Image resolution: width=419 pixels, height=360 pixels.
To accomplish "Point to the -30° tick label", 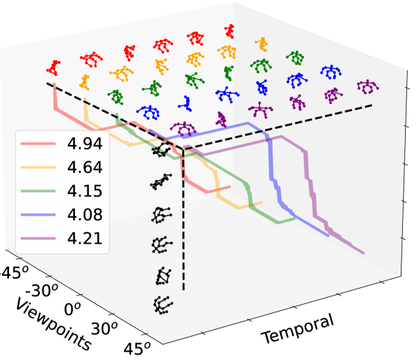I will [x=44, y=289].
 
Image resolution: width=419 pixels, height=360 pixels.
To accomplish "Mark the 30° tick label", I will [x=105, y=328].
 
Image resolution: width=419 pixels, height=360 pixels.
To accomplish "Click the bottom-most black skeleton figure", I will [x=162, y=305].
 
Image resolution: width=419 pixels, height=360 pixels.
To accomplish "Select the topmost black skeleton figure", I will [x=163, y=151].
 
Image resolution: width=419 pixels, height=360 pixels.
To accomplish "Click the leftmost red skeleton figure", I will [x=55, y=67].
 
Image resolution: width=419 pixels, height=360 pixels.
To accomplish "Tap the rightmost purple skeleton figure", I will [x=366, y=86].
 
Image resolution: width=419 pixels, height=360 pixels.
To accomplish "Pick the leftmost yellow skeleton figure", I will [x=85, y=81].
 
